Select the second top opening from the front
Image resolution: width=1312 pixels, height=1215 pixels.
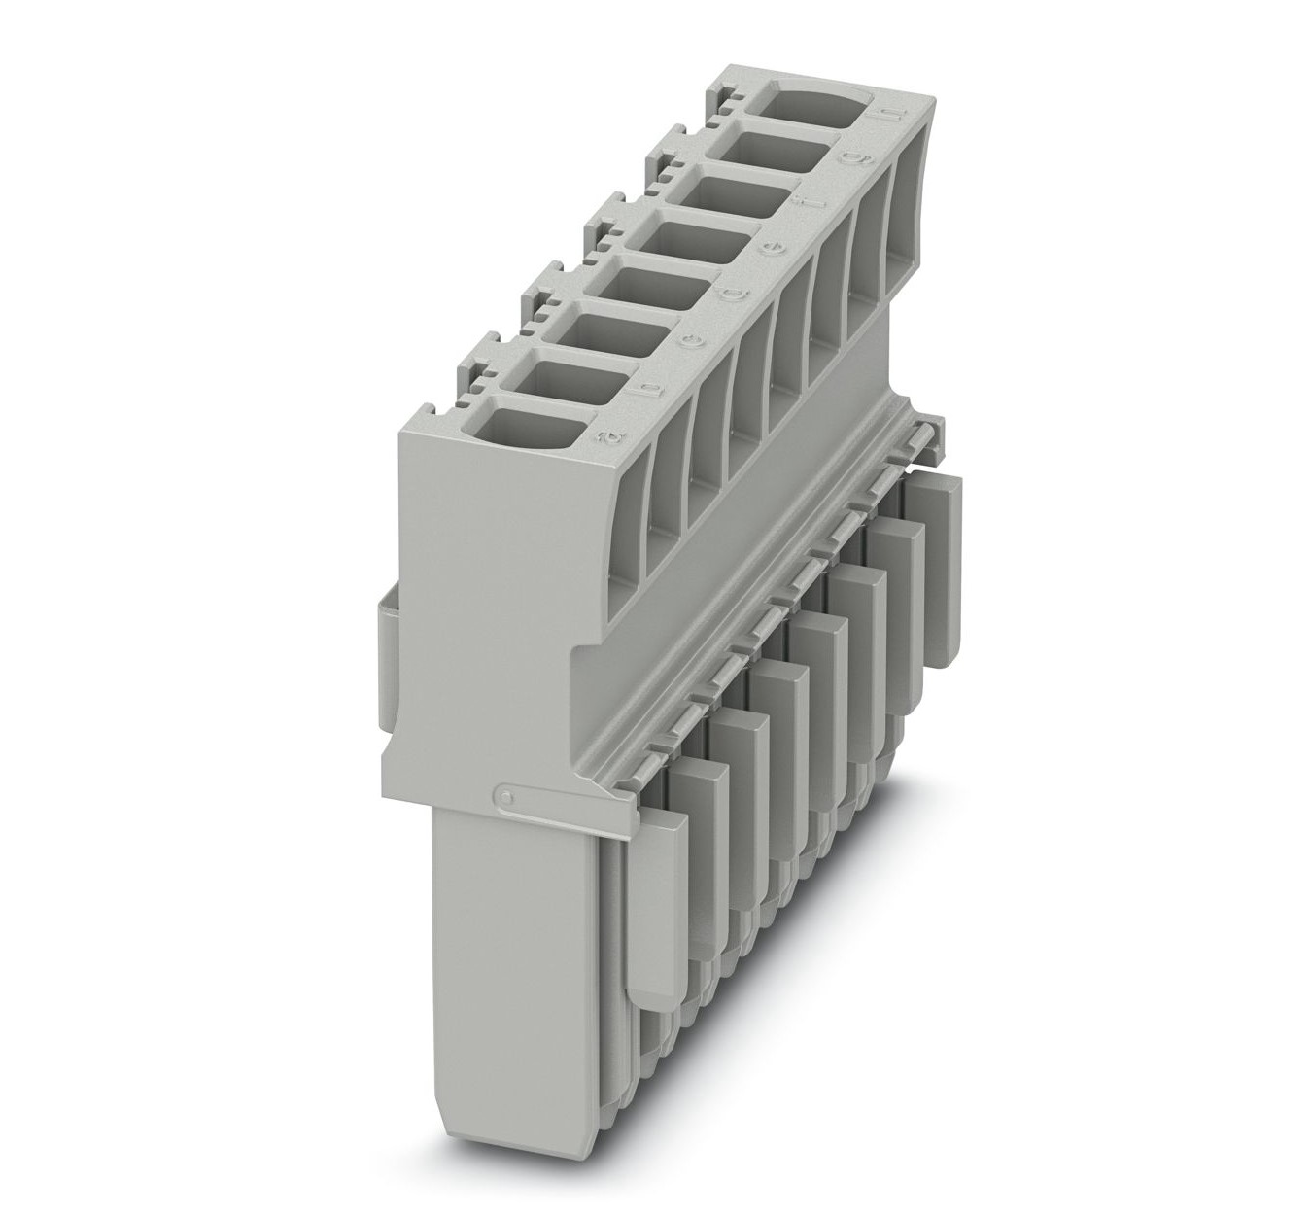click(x=568, y=381)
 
